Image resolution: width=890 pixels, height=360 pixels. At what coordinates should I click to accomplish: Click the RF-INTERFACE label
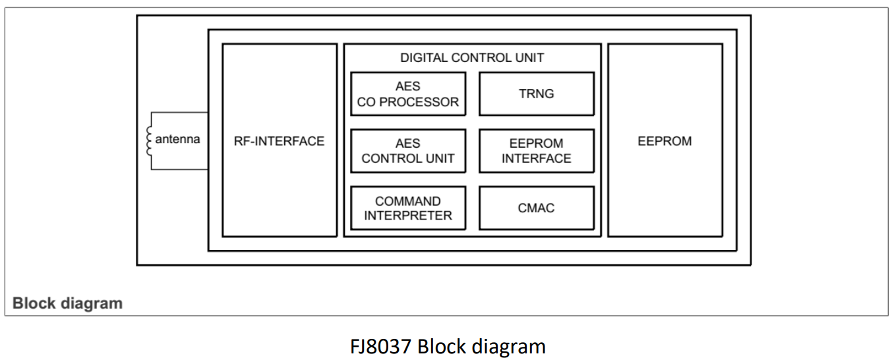click(x=279, y=141)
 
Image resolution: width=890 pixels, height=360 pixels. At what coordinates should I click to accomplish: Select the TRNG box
click(x=537, y=94)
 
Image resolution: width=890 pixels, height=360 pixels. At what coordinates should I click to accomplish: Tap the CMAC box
click(x=537, y=208)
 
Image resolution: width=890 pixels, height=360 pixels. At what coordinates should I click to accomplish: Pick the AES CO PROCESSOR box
click(x=408, y=94)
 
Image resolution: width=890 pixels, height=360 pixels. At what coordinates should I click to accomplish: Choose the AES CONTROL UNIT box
click(x=408, y=151)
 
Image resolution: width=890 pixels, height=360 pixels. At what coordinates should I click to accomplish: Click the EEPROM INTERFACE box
click(x=537, y=151)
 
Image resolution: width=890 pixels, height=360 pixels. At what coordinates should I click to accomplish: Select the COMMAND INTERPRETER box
click(x=408, y=208)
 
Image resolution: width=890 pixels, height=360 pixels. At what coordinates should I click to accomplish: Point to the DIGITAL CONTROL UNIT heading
click(x=472, y=57)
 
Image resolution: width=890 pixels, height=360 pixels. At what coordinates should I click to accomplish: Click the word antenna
click(x=177, y=139)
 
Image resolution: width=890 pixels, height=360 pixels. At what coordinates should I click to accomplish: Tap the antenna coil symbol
click(x=149, y=141)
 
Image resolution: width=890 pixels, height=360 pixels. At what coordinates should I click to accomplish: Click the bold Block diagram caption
click(x=67, y=303)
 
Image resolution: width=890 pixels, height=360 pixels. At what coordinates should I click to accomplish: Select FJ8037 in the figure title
click(x=380, y=347)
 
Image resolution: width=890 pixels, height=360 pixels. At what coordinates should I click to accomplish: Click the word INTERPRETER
click(x=408, y=216)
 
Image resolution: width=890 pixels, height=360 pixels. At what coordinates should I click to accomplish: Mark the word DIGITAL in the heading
click(x=424, y=57)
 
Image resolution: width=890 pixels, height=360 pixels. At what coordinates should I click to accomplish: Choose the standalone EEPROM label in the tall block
click(x=665, y=141)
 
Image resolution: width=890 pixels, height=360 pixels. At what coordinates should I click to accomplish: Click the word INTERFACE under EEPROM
click(x=537, y=158)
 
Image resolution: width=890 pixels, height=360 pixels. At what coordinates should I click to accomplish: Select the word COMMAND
click(x=408, y=201)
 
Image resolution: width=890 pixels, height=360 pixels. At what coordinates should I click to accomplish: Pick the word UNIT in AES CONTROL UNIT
click(x=440, y=158)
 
